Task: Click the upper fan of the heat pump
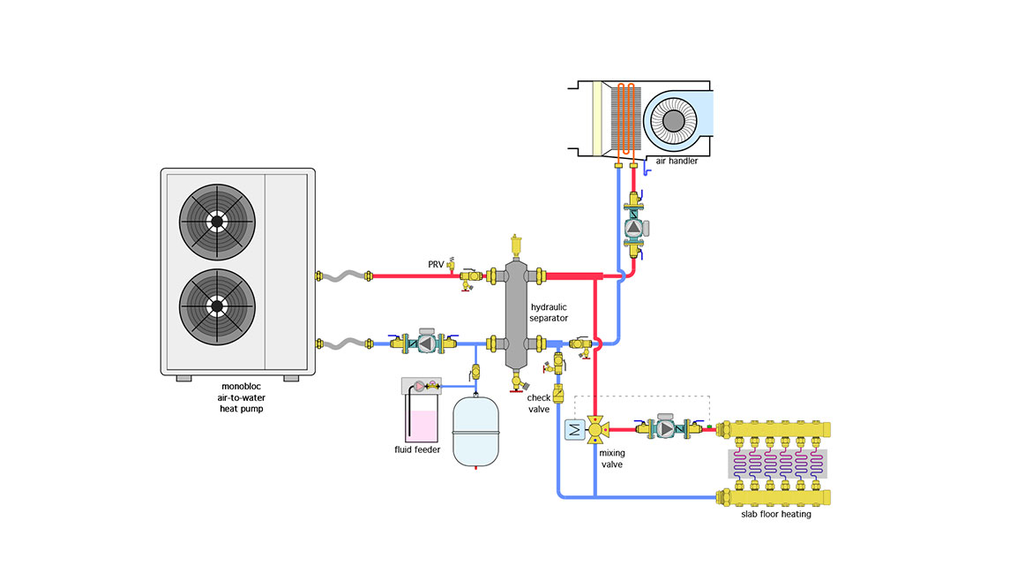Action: click(x=217, y=220)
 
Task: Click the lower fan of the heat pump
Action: click(x=217, y=306)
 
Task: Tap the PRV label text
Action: click(x=436, y=264)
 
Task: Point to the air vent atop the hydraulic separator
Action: click(x=517, y=245)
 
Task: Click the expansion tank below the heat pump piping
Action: click(x=475, y=432)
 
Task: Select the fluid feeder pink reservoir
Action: click(x=421, y=425)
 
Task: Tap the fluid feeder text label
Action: click(x=417, y=450)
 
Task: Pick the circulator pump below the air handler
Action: click(x=633, y=227)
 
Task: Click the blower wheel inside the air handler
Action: click(x=679, y=123)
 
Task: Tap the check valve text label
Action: click(x=539, y=404)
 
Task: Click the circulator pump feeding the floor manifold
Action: click(x=666, y=429)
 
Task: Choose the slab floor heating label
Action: click(x=776, y=514)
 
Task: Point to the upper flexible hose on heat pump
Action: click(x=345, y=277)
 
